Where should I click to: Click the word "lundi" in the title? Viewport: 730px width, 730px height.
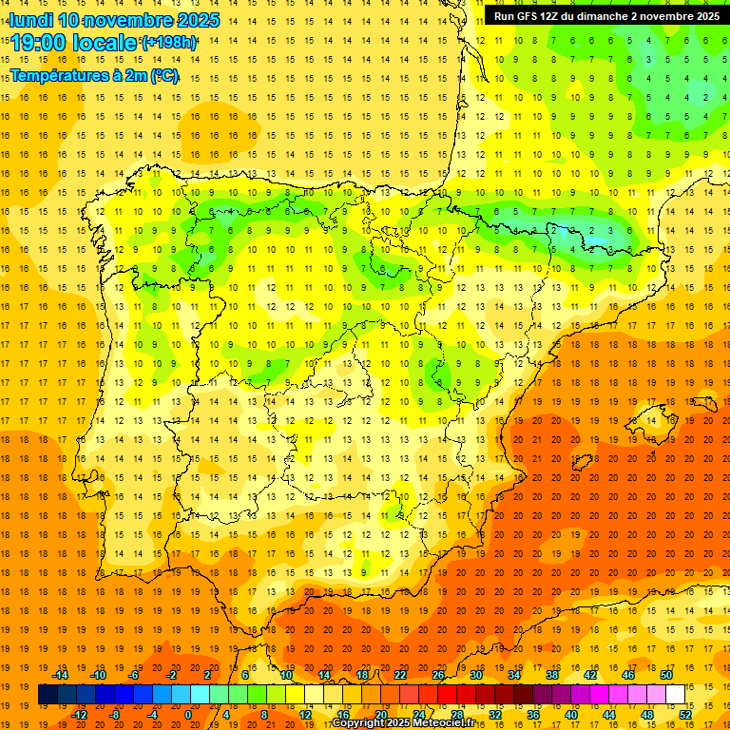30,20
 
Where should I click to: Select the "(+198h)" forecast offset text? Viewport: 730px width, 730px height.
169,43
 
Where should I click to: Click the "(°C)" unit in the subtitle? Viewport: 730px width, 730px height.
163,75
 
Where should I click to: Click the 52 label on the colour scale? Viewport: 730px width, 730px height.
685,714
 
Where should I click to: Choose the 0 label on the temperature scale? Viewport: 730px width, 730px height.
188,714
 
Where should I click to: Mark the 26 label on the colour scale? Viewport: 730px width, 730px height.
437,675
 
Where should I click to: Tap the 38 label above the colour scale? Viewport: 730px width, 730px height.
551,675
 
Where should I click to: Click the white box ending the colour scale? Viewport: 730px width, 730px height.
675,695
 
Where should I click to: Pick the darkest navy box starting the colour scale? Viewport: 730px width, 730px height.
48,695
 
